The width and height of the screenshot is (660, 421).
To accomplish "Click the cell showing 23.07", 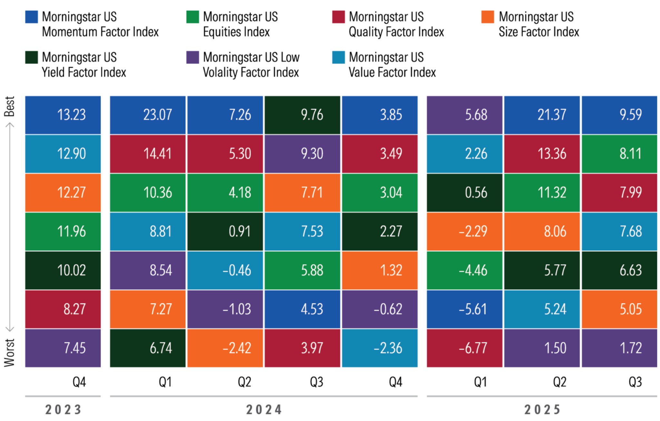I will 148,115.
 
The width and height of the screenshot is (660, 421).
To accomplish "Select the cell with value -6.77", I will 464,348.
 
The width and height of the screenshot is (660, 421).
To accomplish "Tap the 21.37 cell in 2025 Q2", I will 542,115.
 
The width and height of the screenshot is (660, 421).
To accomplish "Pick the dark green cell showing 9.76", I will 302,115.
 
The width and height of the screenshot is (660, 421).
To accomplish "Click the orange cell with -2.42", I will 225,348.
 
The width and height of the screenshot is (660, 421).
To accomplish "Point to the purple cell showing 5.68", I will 464,115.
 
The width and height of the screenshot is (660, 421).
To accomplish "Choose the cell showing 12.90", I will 63,154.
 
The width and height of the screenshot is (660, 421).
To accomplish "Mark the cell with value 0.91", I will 225,231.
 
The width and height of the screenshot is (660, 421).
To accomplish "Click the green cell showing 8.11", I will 619,154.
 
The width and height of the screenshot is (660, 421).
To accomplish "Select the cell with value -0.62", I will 379,309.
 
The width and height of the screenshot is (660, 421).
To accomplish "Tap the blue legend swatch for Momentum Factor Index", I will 31,17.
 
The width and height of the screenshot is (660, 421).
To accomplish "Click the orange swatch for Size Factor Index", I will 488,17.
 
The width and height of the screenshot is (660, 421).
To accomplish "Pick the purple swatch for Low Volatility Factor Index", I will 192,57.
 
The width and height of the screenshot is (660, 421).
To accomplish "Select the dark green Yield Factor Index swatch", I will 31,57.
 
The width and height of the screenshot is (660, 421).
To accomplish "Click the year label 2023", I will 63,410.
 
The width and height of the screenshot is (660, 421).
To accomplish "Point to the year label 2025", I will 542,410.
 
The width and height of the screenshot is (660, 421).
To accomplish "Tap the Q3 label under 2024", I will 316,382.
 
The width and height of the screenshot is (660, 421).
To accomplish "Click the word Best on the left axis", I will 9,106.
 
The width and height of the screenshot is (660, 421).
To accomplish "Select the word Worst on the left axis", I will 9,352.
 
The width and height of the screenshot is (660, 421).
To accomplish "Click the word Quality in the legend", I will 365,32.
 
